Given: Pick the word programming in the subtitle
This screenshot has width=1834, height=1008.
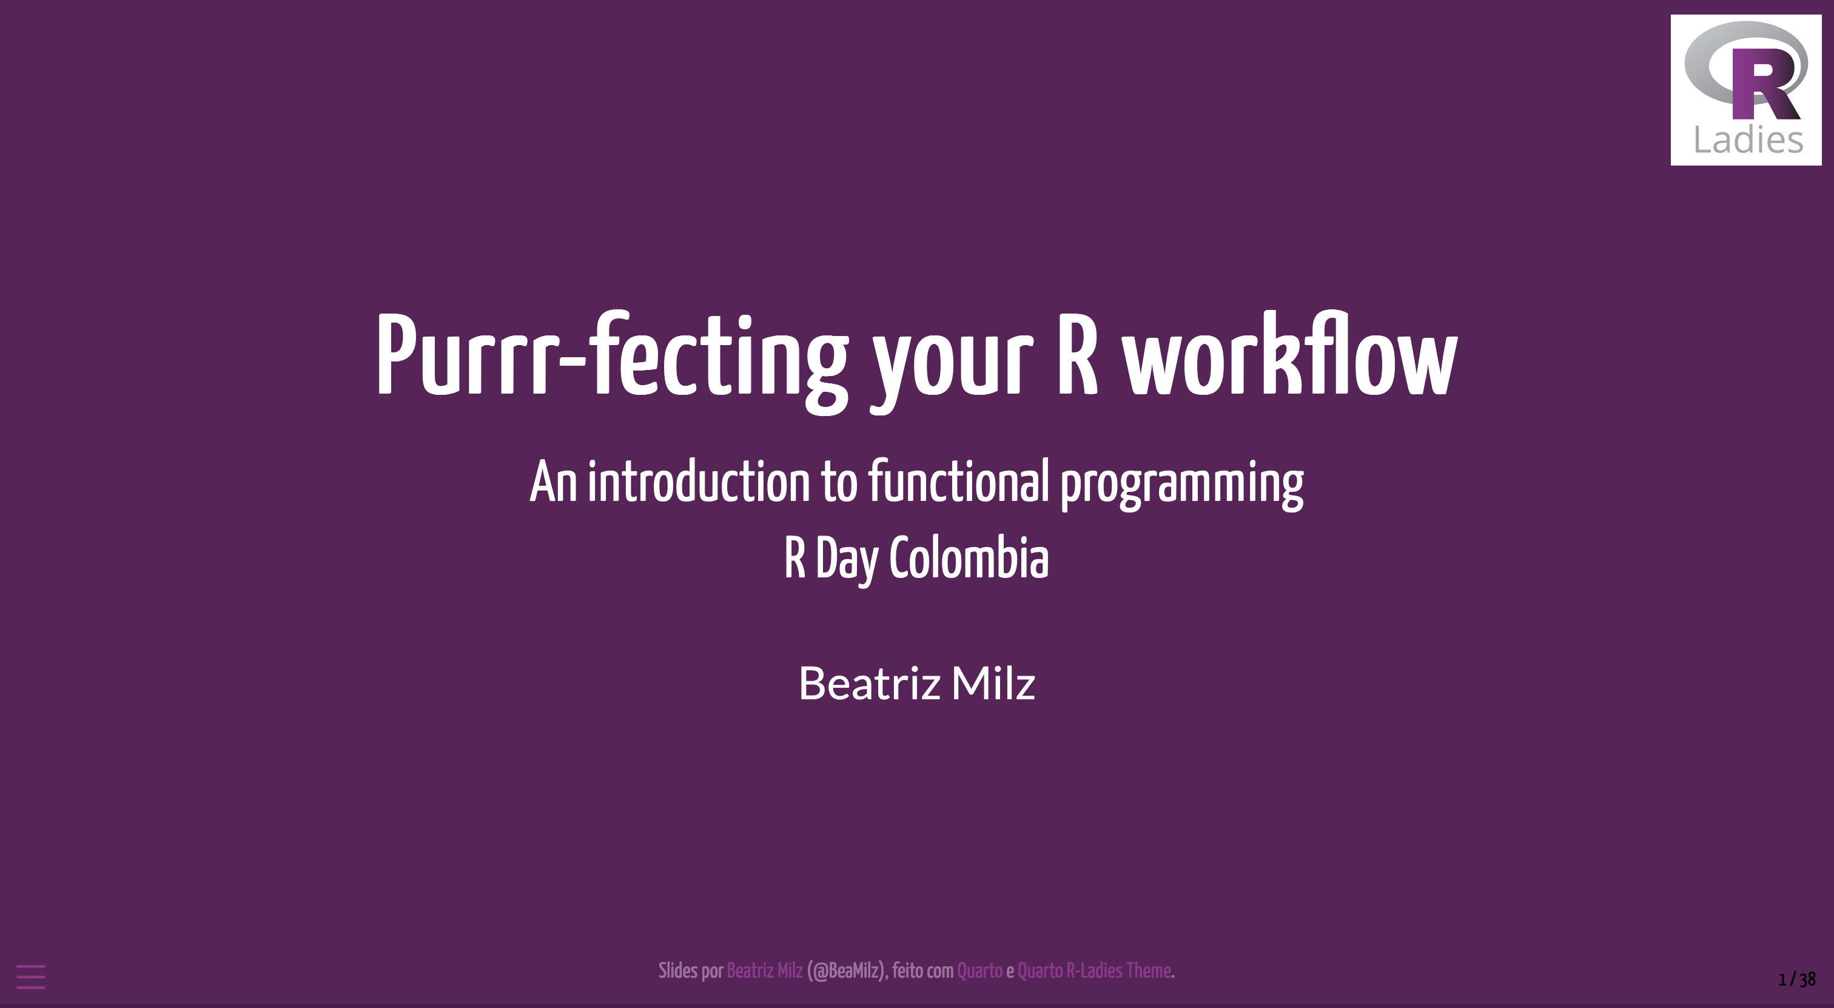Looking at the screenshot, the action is coord(1182,485).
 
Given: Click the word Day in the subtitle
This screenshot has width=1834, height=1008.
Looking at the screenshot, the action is coord(847,560).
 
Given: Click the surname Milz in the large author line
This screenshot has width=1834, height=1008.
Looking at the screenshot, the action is coord(993,683).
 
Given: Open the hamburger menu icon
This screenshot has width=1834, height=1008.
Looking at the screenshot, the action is coord(30,976).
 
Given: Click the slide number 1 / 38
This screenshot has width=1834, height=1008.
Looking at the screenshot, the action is coord(1797,979).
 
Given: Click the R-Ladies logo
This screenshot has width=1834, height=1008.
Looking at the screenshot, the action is coord(1745,90).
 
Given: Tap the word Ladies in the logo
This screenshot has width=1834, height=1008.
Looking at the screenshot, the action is coord(1748,139).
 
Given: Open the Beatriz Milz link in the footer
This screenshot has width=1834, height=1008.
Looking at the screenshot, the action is coord(765,971).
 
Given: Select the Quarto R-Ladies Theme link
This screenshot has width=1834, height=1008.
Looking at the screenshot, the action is coord(1094,971).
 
